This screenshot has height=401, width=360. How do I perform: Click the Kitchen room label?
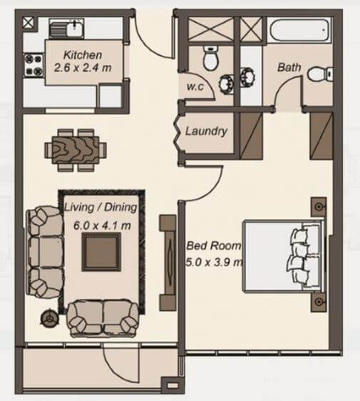pos(82,54)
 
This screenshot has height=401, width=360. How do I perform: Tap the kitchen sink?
pos(66,29)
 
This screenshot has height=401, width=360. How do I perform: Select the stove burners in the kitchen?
pos(32,66)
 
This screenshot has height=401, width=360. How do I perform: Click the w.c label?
pos(196,86)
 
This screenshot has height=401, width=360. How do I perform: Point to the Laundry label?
pos(206,131)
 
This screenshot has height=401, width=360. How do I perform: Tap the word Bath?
pos(289,68)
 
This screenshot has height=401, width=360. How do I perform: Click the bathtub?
pos(299,30)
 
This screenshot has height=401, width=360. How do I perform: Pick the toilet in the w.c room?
pos(211,59)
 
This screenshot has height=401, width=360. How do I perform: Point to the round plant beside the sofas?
pos(51,316)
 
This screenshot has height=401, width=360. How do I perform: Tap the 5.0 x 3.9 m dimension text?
pos(214,261)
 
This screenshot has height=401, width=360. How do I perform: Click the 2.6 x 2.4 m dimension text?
pos(83,69)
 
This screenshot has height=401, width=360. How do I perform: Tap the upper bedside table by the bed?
pos(319,207)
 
